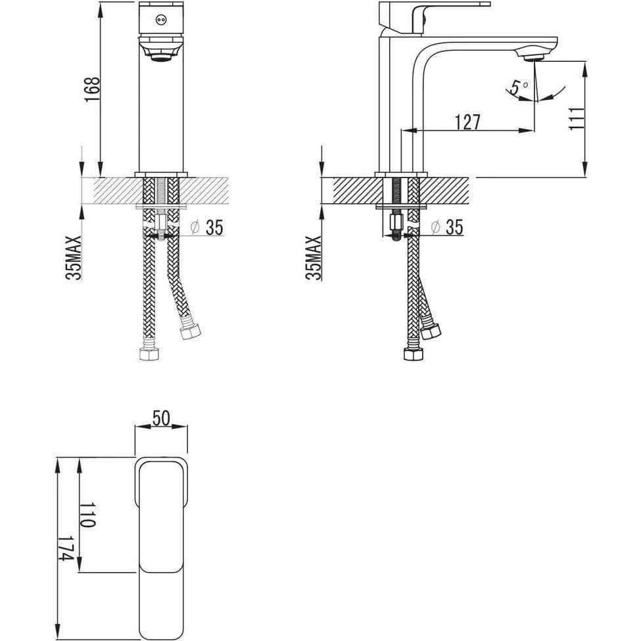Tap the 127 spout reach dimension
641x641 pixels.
click(467, 122)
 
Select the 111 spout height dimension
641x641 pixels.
click(577, 118)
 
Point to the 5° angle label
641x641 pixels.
click(517, 87)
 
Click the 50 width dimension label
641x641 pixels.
click(161, 417)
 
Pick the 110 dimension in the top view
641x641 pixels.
click(87, 515)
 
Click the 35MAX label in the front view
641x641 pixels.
click(74, 258)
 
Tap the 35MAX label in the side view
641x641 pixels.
click(314, 258)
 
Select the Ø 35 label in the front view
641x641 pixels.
click(207, 227)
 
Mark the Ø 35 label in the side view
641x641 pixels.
click(447, 227)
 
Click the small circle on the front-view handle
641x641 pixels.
click(161, 19)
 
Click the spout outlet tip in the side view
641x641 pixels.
click(533, 58)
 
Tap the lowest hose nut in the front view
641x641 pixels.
click(149, 354)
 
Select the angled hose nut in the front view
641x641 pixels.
click(190, 331)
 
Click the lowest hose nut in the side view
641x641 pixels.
click(414, 354)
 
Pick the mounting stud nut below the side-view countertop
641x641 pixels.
click(396, 223)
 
